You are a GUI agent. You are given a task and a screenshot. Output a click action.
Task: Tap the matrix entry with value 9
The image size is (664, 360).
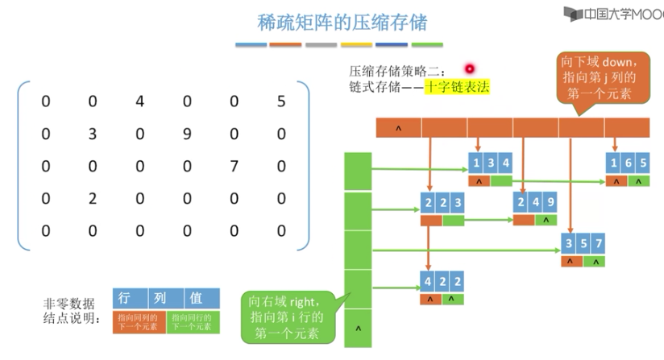(x=186, y=134)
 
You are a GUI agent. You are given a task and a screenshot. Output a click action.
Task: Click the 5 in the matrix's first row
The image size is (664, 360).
(x=280, y=101)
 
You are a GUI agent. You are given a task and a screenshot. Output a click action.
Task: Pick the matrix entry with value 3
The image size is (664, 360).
(x=92, y=134)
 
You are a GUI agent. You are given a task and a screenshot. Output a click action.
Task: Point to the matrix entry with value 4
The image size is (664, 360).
(x=139, y=101)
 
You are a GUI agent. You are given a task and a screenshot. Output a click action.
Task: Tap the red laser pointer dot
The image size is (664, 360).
(x=468, y=69)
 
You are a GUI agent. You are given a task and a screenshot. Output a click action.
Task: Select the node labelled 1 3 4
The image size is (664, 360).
(x=491, y=163)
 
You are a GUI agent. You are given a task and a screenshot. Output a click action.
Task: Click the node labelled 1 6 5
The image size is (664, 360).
(x=627, y=163)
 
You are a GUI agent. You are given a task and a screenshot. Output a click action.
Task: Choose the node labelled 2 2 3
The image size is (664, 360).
(x=442, y=204)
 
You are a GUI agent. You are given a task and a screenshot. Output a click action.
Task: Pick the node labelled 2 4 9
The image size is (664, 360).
(x=535, y=204)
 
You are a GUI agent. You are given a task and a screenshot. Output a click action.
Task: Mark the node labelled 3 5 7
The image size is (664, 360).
(x=583, y=243)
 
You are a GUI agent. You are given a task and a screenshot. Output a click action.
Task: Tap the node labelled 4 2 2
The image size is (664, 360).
(x=442, y=282)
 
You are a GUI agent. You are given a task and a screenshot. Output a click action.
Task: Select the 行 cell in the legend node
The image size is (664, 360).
(x=125, y=298)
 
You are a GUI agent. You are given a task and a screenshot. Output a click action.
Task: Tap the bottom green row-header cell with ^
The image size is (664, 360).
(x=357, y=329)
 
